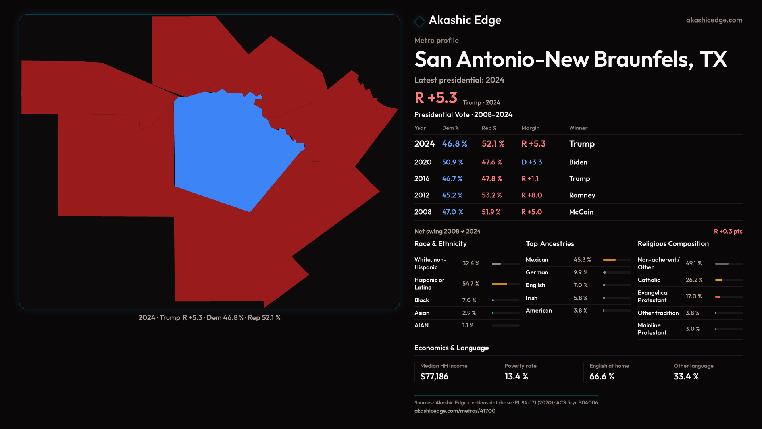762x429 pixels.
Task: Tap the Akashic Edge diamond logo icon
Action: click(419, 21)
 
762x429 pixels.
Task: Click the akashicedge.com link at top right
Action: click(714, 20)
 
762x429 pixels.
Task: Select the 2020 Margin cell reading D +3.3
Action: click(531, 162)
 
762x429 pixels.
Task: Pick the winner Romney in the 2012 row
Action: click(582, 195)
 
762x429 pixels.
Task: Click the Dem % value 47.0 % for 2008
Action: click(452, 212)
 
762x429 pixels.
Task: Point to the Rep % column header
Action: click(489, 128)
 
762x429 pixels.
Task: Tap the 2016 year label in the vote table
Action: click(422, 179)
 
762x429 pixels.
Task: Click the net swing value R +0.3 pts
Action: click(728, 231)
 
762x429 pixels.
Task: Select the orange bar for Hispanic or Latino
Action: click(499, 284)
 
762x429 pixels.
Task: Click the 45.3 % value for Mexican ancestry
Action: click(582, 260)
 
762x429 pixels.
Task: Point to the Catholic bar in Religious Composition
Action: click(719, 280)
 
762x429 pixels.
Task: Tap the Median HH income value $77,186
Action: click(434, 377)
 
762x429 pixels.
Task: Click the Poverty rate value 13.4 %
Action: click(516, 377)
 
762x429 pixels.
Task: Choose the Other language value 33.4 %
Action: click(686, 377)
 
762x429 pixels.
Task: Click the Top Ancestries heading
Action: click(550, 244)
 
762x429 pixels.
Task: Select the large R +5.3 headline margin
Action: click(436, 98)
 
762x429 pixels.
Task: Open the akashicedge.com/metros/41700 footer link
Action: click(454, 411)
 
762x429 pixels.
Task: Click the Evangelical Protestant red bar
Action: click(718, 297)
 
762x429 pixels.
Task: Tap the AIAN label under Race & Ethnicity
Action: click(421, 325)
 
